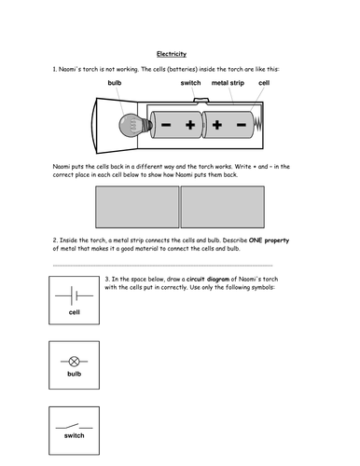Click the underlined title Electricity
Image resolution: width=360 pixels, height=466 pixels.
click(x=172, y=54)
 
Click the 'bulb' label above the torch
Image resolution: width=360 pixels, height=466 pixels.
click(x=115, y=83)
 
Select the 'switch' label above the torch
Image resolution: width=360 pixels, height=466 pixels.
click(x=190, y=83)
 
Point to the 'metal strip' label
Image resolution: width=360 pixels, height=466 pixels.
click(x=228, y=83)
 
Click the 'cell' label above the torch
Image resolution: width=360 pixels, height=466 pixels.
click(x=264, y=83)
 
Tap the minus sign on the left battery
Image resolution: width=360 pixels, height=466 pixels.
click(x=166, y=125)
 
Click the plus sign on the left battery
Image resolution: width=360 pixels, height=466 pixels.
click(x=190, y=125)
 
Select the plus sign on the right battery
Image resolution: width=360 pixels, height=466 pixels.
click(x=217, y=125)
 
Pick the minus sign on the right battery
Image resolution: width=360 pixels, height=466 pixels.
click(x=242, y=125)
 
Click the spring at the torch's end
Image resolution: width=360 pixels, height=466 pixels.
click(x=258, y=125)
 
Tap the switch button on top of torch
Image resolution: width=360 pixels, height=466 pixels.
click(x=201, y=100)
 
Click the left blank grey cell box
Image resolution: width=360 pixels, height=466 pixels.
click(x=137, y=207)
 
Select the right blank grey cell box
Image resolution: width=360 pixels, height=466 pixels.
click(x=223, y=207)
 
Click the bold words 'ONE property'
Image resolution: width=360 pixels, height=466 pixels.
click(x=269, y=240)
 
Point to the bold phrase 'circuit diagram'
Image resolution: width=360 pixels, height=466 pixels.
click(x=208, y=279)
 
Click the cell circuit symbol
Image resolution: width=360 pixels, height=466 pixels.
click(x=74, y=295)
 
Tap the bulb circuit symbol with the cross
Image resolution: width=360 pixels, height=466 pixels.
click(x=74, y=362)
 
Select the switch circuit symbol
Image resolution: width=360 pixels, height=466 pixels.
click(x=74, y=426)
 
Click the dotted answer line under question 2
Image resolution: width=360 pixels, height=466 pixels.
click(x=162, y=266)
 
